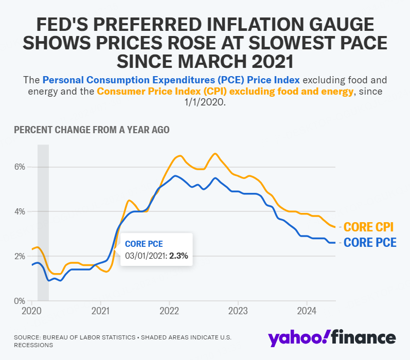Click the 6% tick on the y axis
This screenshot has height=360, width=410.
coord(19,167)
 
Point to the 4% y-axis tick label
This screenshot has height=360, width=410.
coord(19,211)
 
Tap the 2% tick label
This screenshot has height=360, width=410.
coord(19,256)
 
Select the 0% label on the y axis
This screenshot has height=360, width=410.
coord(19,300)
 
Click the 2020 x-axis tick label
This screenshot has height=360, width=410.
coord(31,311)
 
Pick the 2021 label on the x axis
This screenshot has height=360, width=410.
coord(100,311)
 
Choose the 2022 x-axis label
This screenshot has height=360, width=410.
coord(169,311)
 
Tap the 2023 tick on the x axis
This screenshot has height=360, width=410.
coord(238,311)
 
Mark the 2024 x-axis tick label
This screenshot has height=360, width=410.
coord(307,311)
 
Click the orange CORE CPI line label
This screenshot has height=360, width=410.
coord(368,227)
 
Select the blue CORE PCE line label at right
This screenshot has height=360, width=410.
coord(370,243)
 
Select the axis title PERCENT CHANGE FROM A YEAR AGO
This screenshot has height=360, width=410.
coord(92,130)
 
